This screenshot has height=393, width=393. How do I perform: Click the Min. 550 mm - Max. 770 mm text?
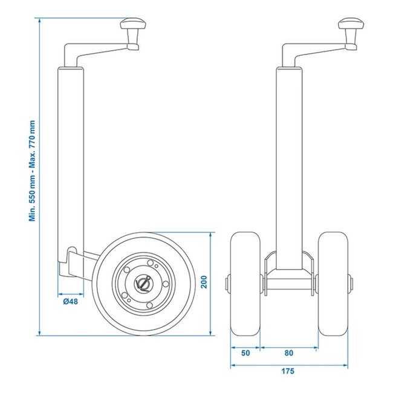(31, 171)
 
